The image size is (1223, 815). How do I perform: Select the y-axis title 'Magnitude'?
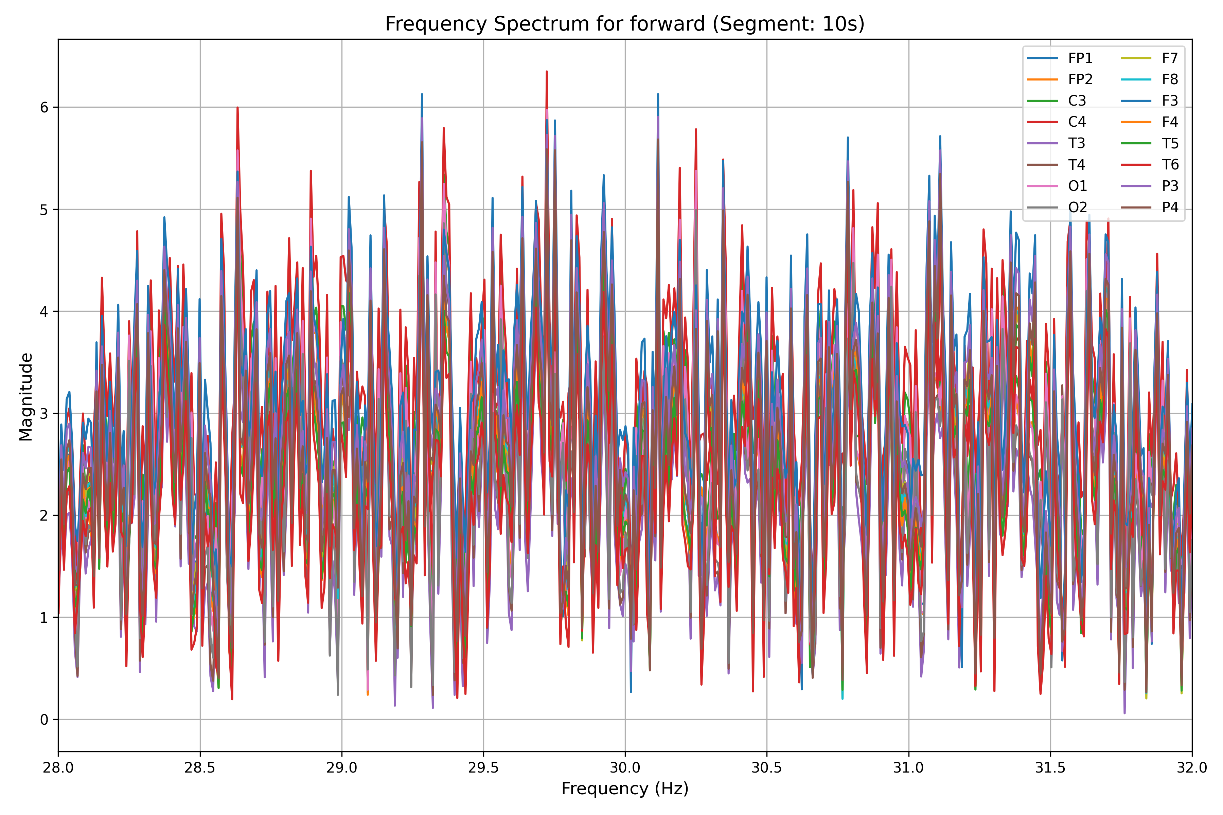tap(26, 397)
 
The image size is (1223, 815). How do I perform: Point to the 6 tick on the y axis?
tap(44, 108)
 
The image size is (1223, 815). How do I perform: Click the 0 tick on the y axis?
tap(44, 720)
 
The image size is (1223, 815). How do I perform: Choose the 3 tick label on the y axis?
tap(44, 414)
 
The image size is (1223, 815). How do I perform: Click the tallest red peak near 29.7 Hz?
tap(547, 72)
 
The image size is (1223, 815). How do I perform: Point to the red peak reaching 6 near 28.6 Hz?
tap(237, 108)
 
